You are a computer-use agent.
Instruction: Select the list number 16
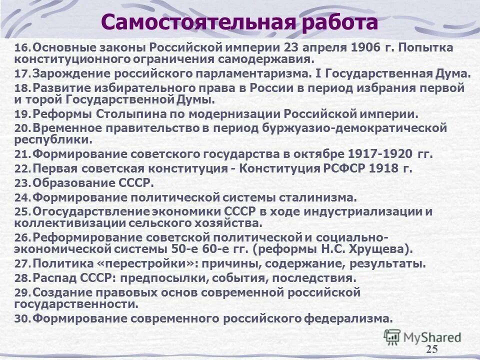click(x=22, y=49)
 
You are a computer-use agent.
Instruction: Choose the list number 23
click(x=22, y=183)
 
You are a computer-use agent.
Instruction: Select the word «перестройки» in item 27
click(x=132, y=263)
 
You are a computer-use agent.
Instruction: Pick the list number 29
click(x=22, y=292)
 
